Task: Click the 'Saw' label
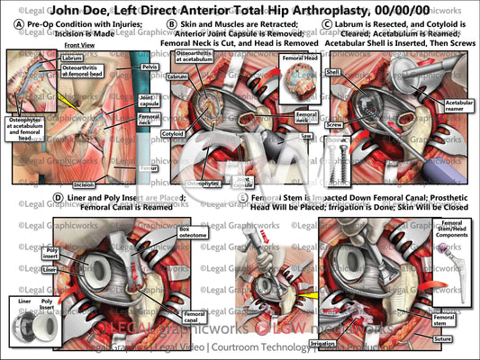(x=306, y=136)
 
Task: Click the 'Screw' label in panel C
(x=333, y=124)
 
